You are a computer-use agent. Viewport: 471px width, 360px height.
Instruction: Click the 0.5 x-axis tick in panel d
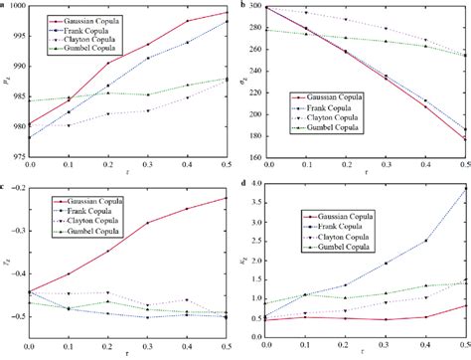(465, 343)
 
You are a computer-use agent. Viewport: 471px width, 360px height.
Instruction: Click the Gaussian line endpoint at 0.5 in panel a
(228, 13)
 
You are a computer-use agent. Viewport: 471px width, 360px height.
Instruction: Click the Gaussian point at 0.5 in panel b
(464, 139)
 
